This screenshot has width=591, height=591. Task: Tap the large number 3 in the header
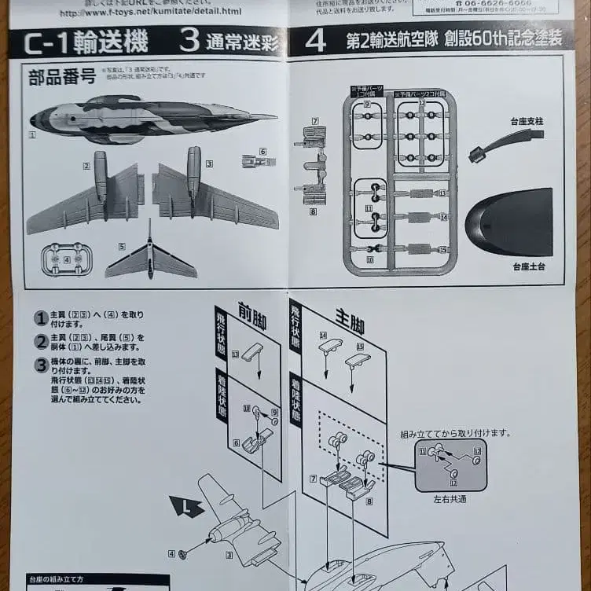pos(189,41)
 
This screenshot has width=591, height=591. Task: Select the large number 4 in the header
pos(315,41)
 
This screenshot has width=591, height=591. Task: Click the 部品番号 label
pos(62,77)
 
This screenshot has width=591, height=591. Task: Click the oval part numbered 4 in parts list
pos(66,259)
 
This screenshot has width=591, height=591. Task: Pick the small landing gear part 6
pos(259,162)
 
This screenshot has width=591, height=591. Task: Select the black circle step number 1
pos(41,318)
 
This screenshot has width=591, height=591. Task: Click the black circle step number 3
pos(41,365)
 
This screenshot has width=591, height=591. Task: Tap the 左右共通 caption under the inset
pos(450,498)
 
